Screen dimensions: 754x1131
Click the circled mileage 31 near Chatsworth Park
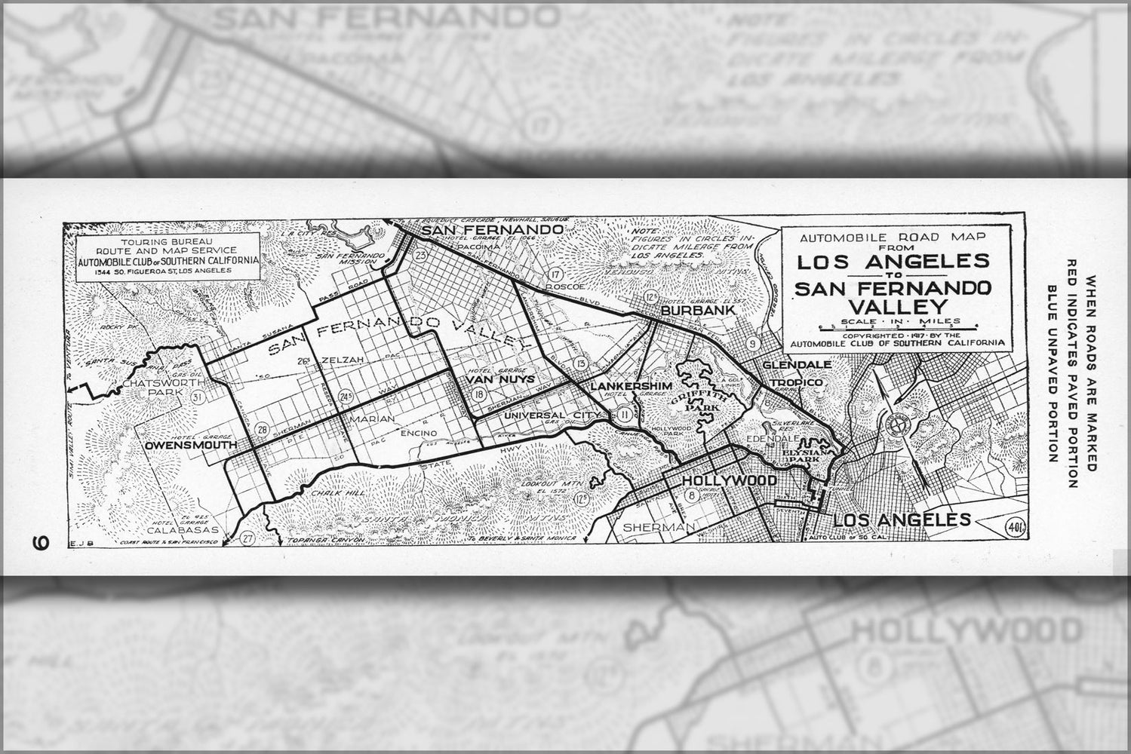pos(198,398)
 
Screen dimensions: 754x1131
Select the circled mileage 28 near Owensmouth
pos(262,430)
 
